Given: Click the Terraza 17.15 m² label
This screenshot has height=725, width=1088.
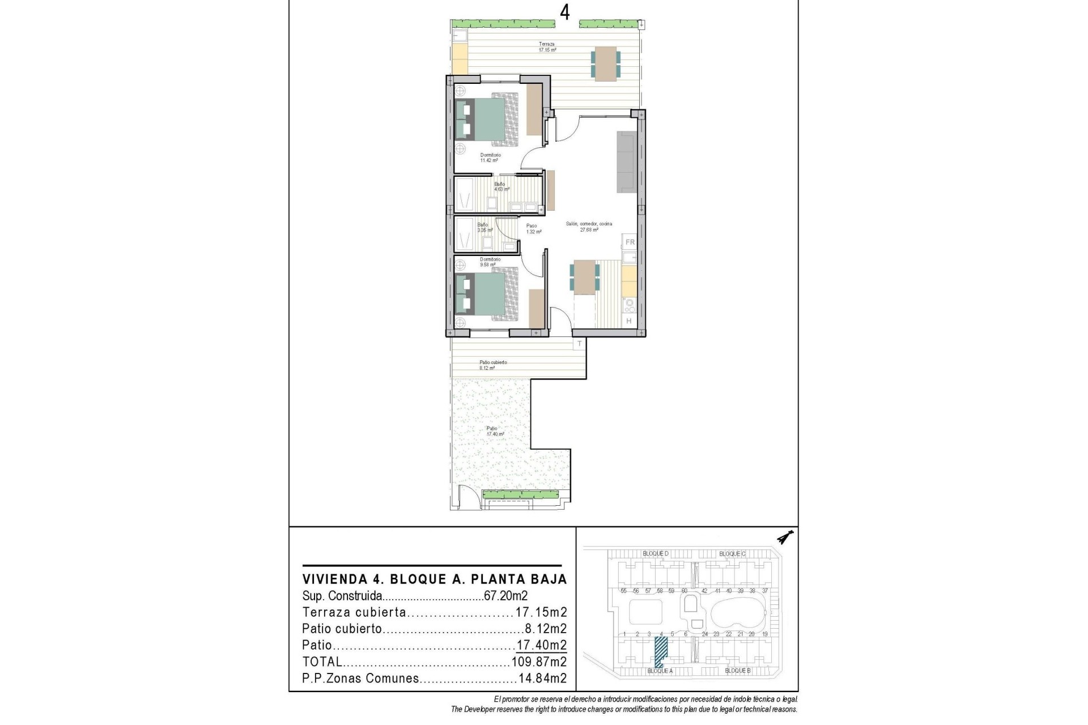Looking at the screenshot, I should tap(547, 47).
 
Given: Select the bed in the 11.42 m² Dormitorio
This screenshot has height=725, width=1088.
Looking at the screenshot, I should tap(487, 120).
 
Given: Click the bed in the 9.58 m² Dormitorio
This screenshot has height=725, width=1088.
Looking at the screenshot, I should tap(487, 295).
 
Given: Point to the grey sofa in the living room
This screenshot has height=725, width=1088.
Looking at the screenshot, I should tap(627, 161).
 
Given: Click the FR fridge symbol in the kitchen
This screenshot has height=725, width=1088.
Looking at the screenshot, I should tap(630, 242).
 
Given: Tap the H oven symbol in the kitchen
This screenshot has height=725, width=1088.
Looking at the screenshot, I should tap(629, 321).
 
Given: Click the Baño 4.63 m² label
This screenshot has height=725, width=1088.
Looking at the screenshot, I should tap(500, 186).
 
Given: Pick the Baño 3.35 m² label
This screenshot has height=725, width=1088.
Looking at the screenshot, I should tap(483, 228).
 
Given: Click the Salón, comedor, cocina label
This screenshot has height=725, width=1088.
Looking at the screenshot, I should tap(589, 227).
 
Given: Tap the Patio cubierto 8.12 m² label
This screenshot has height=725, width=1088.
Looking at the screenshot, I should tap(493, 365).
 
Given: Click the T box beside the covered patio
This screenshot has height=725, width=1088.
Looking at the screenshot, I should tap(579, 344).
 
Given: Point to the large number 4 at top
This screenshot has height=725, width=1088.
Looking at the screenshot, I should tap(564, 11).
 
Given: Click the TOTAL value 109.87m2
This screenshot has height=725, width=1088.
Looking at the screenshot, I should tap(539, 662).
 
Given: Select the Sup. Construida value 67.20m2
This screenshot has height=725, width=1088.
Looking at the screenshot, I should tap(505, 596).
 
